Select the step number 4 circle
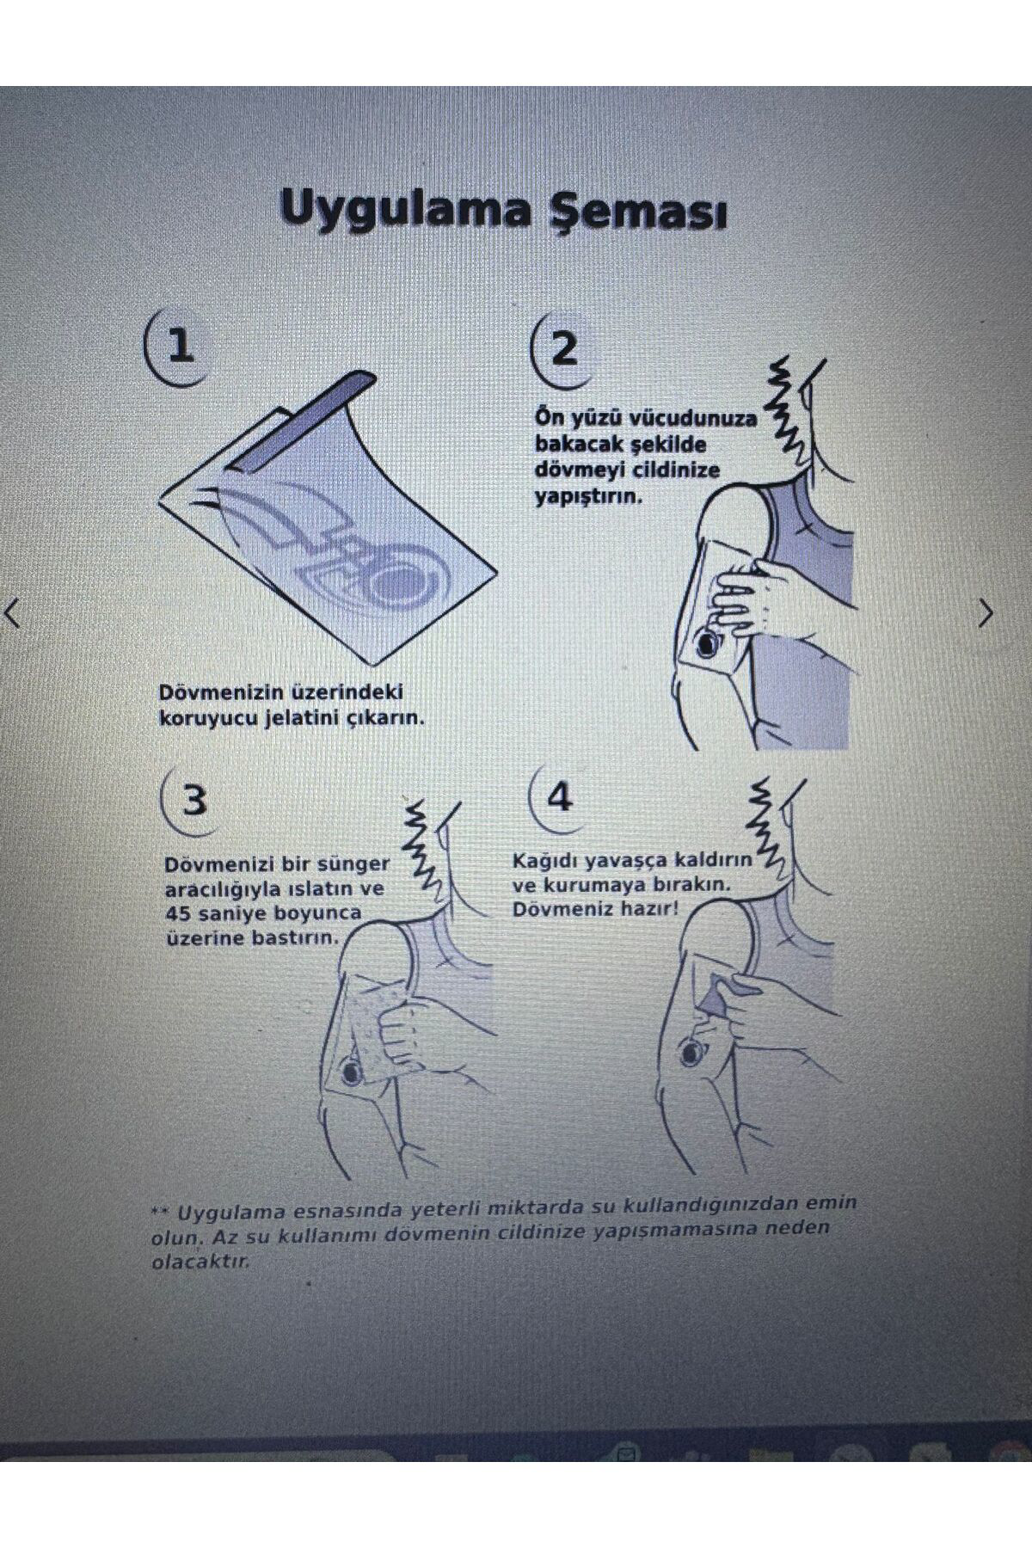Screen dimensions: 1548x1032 (559, 797)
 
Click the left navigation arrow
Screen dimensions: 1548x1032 (13, 614)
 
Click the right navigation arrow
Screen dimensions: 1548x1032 (986, 613)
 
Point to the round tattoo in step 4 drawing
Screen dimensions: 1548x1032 (691, 1051)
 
